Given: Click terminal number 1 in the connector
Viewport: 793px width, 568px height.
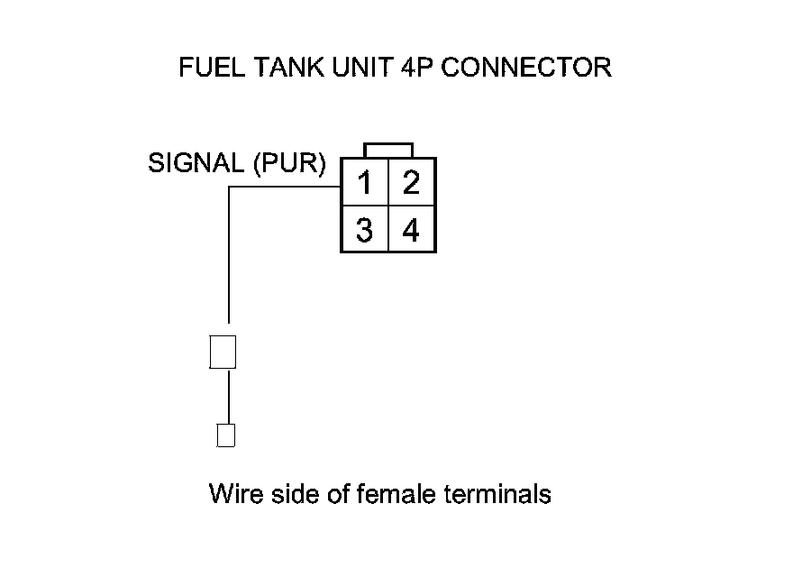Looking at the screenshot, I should (x=364, y=183).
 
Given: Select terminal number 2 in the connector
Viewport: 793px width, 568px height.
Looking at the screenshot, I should (x=412, y=183).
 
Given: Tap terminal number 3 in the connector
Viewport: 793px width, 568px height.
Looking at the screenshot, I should (x=364, y=231).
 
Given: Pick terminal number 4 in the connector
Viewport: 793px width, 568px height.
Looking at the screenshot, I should (x=412, y=231).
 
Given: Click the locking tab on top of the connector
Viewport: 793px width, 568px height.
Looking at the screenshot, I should (x=388, y=150).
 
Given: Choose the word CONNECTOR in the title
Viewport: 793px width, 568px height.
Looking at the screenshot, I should (x=522, y=69).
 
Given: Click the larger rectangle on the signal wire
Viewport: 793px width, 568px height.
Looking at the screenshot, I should (x=223, y=352).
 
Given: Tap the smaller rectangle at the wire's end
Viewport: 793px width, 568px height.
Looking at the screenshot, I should (x=226, y=435).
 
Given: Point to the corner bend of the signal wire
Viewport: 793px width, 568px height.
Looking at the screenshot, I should (x=229, y=188).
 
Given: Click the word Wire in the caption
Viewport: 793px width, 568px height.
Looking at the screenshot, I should (x=232, y=494).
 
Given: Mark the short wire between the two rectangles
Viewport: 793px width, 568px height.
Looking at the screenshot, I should (x=229, y=395).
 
